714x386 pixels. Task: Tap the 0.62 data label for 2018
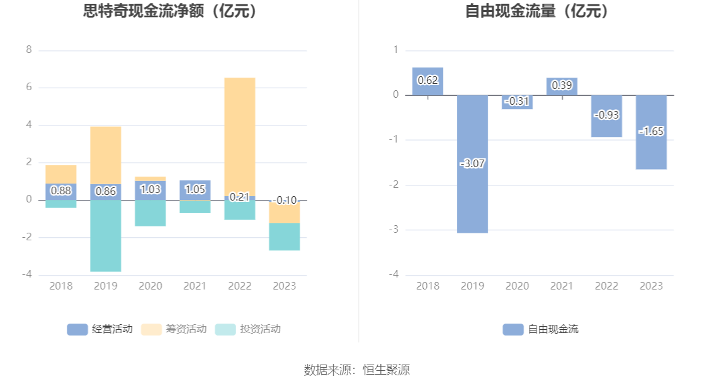(428, 80)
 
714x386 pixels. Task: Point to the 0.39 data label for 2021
(562, 85)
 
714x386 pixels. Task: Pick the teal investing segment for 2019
(105, 237)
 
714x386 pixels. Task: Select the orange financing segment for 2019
(105, 155)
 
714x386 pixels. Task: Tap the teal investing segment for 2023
(284, 237)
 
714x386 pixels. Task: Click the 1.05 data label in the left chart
(195, 189)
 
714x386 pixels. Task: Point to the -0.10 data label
(285, 201)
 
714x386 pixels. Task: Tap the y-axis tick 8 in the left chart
(29, 50)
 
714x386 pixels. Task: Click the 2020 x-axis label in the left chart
(150, 286)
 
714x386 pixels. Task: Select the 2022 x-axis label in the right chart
(606, 286)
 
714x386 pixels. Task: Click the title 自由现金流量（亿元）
(537, 11)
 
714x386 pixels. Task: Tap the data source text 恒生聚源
(386, 370)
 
